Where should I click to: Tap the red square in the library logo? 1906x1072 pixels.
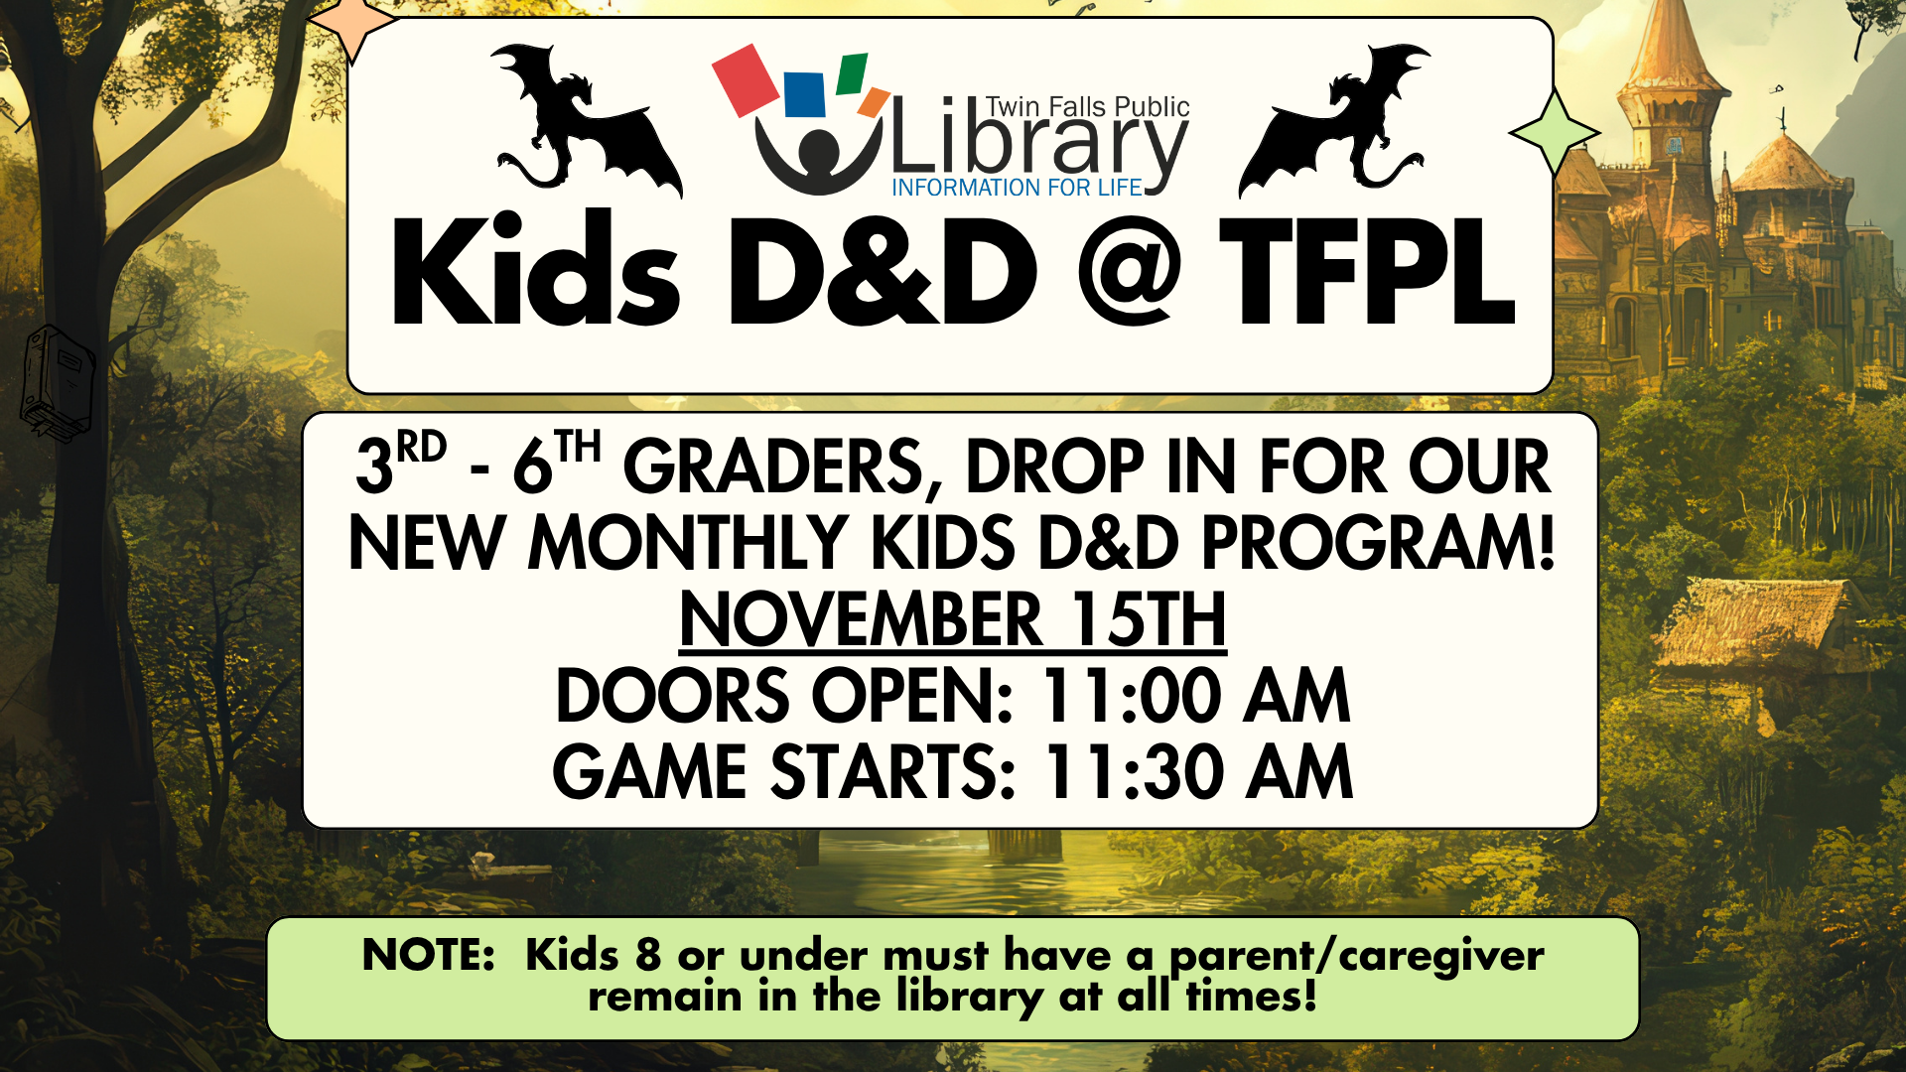tap(746, 78)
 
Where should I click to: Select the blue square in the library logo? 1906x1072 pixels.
tap(804, 94)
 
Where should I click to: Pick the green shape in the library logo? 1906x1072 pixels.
tap(852, 73)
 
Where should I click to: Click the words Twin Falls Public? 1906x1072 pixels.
tap(1088, 107)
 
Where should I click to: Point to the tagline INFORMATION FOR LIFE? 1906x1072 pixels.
tap(1017, 188)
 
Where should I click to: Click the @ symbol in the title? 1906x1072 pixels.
tap(1129, 270)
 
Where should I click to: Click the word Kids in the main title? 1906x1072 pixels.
tap(536, 268)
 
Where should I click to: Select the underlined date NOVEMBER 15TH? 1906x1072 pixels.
tap(953, 619)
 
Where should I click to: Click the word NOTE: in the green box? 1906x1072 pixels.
tap(429, 955)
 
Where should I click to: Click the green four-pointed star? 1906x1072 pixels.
tap(1555, 133)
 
